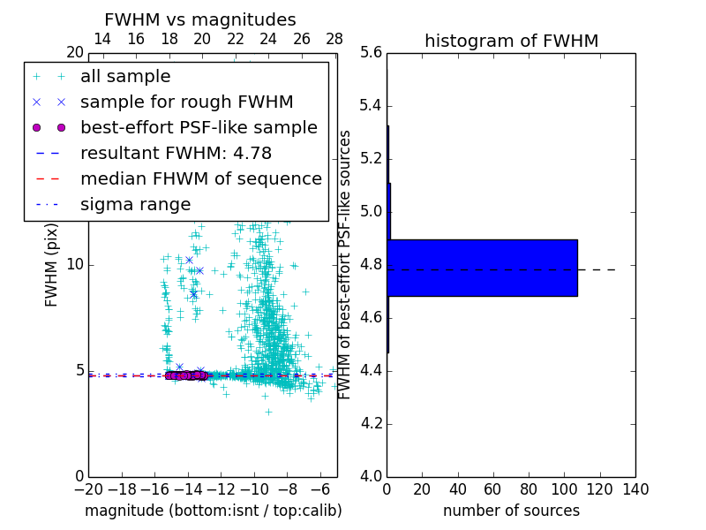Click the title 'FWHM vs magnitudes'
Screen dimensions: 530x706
click(x=200, y=19)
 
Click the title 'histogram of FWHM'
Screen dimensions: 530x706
click(x=511, y=41)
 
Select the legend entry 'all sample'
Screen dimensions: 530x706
click(x=125, y=77)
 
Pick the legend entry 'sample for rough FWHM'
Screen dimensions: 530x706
click(x=186, y=102)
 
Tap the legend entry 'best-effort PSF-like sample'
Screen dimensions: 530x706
click(x=199, y=127)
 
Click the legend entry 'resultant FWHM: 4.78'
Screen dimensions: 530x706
click(x=176, y=153)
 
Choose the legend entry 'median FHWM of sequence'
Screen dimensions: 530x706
click(x=200, y=178)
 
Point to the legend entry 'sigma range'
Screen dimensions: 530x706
click(x=135, y=204)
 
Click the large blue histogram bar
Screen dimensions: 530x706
click(x=482, y=268)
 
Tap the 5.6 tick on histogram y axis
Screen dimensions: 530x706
click(x=372, y=53)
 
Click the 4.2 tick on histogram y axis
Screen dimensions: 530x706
click(x=372, y=423)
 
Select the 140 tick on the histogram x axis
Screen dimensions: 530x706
click(x=635, y=488)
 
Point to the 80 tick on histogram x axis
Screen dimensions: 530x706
click(x=529, y=488)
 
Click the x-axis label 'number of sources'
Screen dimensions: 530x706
click(x=511, y=511)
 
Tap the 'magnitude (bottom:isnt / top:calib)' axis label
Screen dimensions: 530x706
click(x=213, y=511)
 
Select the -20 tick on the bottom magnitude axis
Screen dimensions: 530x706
click(x=88, y=488)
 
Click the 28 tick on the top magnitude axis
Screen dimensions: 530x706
click(x=334, y=39)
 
